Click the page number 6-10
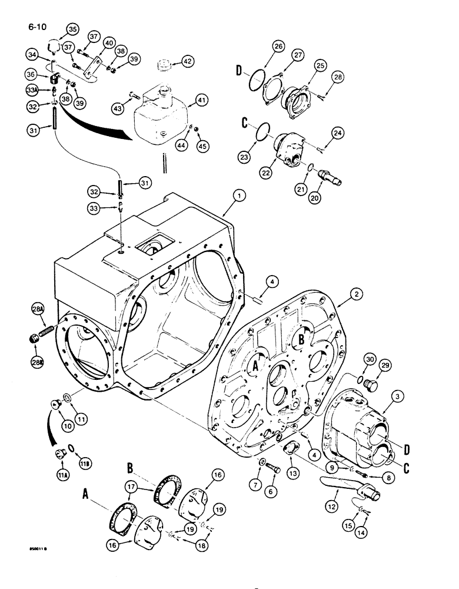click(36, 27)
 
